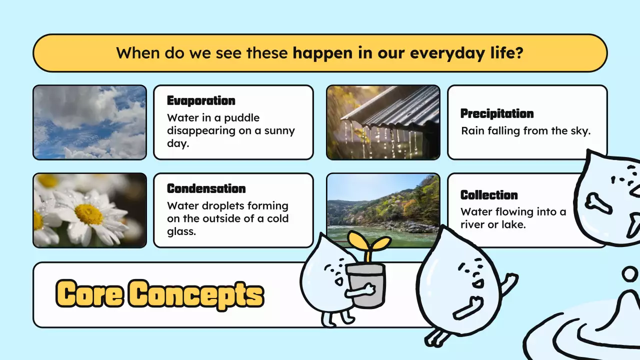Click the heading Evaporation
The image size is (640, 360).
(x=201, y=100)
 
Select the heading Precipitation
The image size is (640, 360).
(x=497, y=113)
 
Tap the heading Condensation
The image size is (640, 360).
(x=206, y=188)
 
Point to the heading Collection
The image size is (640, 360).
(x=489, y=195)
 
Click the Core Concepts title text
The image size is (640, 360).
(x=159, y=293)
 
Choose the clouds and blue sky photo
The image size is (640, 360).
(x=90, y=122)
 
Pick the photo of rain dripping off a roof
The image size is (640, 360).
(x=383, y=122)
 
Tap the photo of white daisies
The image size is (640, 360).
(x=90, y=210)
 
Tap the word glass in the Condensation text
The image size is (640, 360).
(x=181, y=231)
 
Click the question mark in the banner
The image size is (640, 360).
(x=519, y=53)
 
